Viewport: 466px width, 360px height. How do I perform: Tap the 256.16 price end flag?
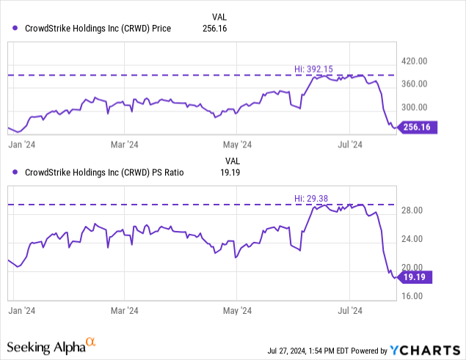tap(416, 127)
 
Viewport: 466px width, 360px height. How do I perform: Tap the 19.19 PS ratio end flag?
tap(416, 276)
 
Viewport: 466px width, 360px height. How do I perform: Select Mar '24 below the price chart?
tap(123, 144)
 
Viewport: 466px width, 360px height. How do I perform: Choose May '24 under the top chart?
tap(237, 144)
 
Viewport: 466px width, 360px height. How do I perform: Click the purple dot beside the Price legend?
tap(16, 29)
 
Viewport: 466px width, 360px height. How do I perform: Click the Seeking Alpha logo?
tap(51, 345)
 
